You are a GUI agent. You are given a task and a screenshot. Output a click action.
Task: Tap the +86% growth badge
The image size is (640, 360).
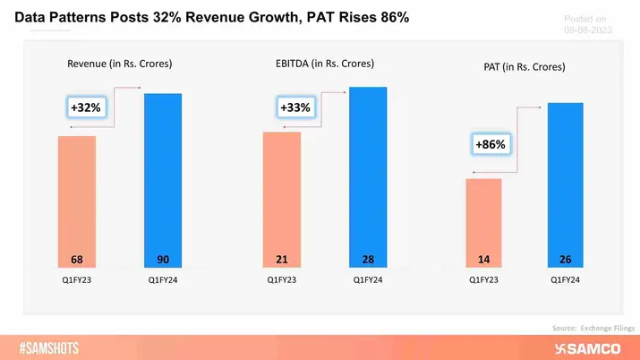(491, 144)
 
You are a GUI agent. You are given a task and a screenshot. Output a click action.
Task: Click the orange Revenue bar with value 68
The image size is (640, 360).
(76, 202)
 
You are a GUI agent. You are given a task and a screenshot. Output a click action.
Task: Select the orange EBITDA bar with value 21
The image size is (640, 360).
(281, 201)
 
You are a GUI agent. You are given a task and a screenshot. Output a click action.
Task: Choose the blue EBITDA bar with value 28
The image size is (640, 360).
(368, 178)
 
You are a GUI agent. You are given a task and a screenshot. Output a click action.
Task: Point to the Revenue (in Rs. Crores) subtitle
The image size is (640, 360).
(120, 64)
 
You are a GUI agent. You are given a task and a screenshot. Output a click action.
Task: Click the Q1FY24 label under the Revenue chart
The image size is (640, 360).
(163, 279)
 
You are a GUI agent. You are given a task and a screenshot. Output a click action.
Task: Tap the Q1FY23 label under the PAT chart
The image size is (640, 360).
(484, 279)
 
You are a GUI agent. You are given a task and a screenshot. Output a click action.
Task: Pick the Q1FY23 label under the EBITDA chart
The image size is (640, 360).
(281, 279)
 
